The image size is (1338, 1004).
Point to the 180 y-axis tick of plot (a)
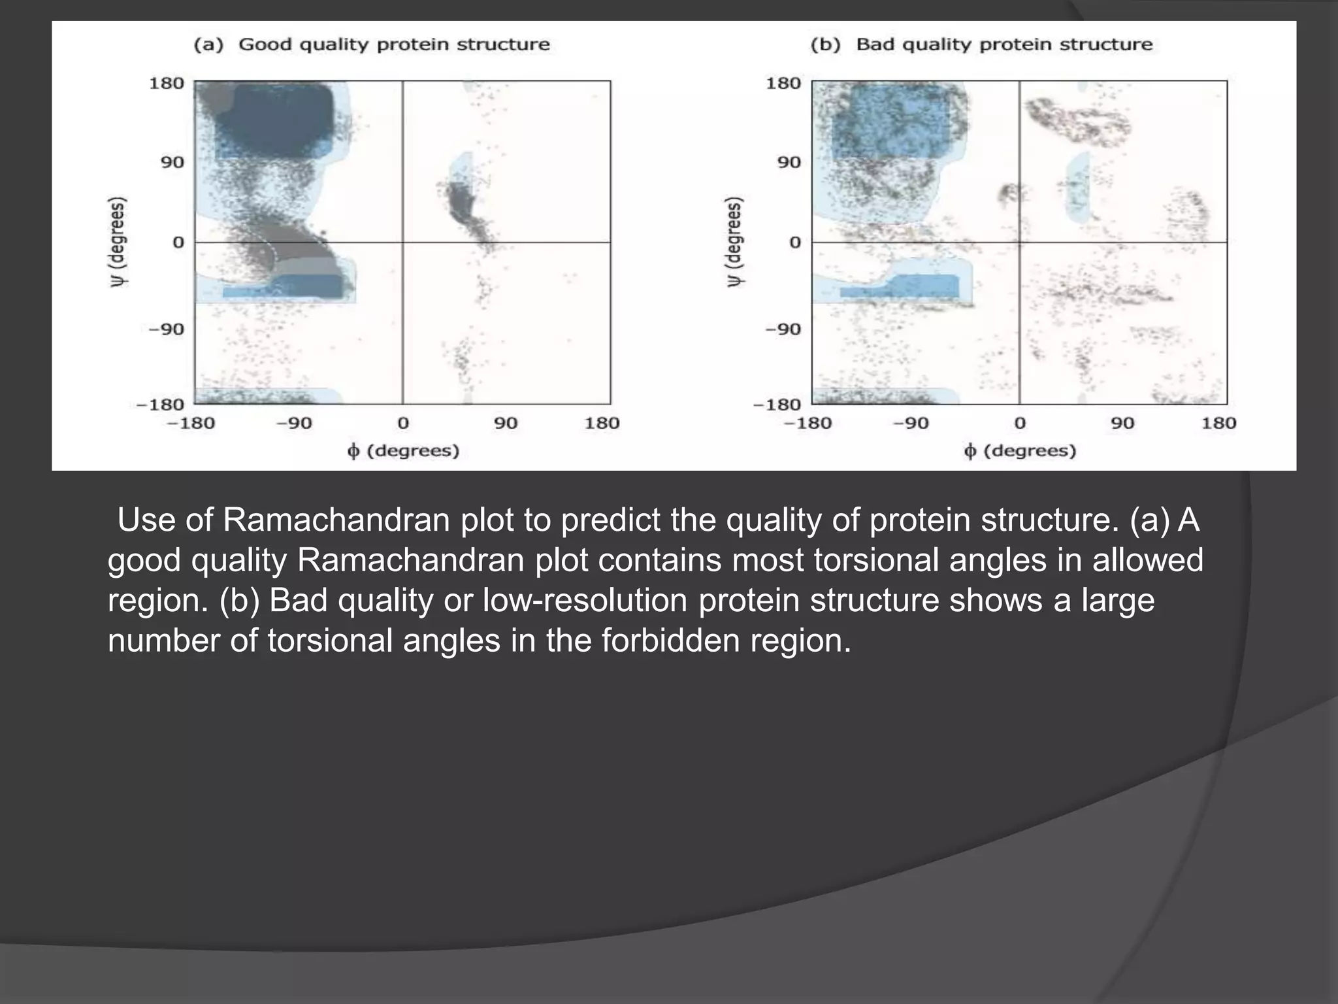click(x=167, y=83)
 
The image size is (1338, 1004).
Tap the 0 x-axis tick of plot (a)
click(x=403, y=423)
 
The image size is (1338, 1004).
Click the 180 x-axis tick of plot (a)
click(x=601, y=423)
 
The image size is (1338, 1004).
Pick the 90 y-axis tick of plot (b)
click(x=789, y=162)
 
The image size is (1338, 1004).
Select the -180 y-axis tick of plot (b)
click(x=777, y=405)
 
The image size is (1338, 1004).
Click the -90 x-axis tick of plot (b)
click(x=911, y=423)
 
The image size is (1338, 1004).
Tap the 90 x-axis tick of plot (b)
click(x=1122, y=423)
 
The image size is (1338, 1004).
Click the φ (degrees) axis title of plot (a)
click(x=403, y=451)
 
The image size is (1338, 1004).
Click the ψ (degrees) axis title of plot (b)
click(x=735, y=242)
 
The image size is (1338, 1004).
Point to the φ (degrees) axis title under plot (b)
click(x=1020, y=451)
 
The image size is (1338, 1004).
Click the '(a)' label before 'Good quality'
click(x=208, y=44)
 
